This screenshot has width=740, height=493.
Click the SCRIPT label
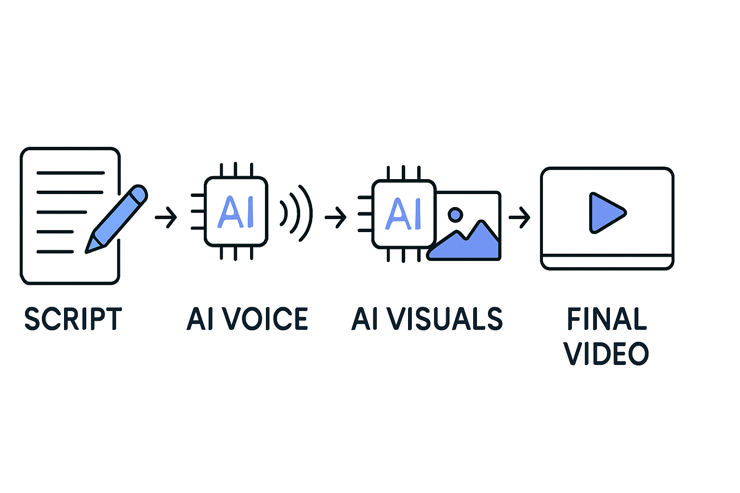(73, 319)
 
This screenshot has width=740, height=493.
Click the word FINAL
(607, 319)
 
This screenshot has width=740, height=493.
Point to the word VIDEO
(607, 354)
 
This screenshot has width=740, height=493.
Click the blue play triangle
(605, 213)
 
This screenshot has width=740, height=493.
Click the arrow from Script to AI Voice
(166, 217)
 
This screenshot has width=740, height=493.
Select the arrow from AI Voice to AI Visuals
(336, 217)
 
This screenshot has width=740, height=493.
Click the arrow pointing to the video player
(519, 217)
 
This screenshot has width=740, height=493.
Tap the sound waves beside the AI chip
(296, 213)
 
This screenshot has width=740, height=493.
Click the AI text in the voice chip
(236, 212)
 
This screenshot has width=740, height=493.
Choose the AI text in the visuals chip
(403, 214)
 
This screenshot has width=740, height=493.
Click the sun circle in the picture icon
(455, 215)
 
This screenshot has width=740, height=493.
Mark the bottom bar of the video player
(607, 261)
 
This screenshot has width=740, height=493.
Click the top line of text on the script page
(70, 172)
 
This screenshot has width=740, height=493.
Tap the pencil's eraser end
(139, 193)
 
